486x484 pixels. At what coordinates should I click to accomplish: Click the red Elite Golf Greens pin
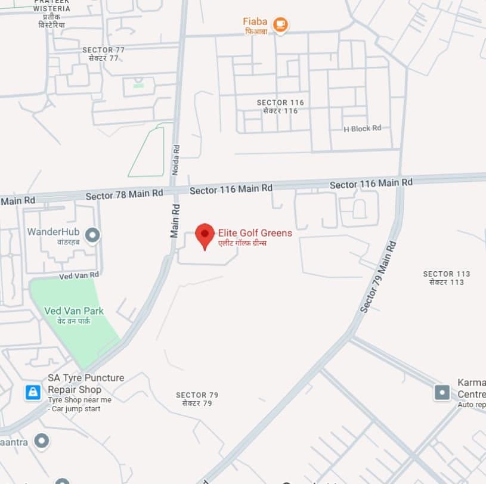coord(205,235)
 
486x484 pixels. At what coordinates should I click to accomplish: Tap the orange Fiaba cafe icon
coord(280,24)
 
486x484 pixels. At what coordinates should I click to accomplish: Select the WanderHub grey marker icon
coord(92,235)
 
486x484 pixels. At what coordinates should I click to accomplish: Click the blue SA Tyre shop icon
coord(33,392)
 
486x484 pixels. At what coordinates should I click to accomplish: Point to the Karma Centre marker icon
coord(442,392)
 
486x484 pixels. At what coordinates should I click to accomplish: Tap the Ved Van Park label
coord(74,311)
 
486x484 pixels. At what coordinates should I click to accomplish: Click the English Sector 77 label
coord(104,50)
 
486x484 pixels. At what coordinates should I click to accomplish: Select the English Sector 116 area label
coord(280,103)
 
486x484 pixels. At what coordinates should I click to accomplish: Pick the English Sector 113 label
coord(447,274)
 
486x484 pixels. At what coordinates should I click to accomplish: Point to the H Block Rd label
coord(363,128)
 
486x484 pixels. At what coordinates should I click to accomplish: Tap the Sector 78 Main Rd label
coord(124,194)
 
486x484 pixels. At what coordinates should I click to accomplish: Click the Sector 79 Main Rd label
coord(378,277)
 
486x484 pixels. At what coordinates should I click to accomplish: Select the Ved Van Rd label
coord(79,275)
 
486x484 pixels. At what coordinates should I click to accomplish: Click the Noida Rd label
coord(175,160)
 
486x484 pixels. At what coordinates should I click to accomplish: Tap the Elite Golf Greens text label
coord(255,233)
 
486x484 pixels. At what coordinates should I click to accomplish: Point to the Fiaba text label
coord(255,21)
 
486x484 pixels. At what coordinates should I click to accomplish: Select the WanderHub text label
coord(53,231)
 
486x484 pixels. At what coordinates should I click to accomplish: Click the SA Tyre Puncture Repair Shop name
coord(86,383)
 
